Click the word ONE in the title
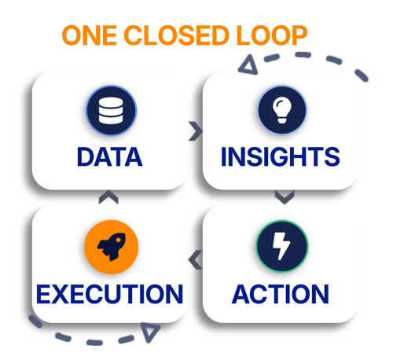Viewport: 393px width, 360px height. pyautogui.click(x=90, y=35)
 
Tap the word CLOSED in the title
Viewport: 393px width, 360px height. pyautogui.click(x=176, y=35)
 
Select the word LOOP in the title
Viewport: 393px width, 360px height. pyautogui.click(x=272, y=35)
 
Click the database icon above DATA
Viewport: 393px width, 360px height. pyautogui.click(x=111, y=110)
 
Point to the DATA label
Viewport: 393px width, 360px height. pyautogui.click(x=110, y=156)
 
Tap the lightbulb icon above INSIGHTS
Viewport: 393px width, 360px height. pyautogui.click(x=282, y=110)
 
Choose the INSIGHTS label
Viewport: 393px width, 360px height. pyautogui.click(x=281, y=156)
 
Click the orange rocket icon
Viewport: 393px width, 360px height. pyautogui.click(x=112, y=247)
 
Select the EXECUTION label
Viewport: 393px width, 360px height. pyautogui.click(x=110, y=294)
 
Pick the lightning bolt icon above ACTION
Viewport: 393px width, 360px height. pyautogui.click(x=282, y=246)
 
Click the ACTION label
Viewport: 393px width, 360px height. pyautogui.click(x=281, y=294)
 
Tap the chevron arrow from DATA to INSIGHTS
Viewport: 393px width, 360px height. pyautogui.click(x=196, y=131)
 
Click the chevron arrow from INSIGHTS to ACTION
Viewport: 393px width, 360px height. pyautogui.click(x=285, y=197)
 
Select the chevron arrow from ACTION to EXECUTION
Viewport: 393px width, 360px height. pyautogui.click(x=195, y=259)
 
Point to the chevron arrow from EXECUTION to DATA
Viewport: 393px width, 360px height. pyautogui.click(x=108, y=197)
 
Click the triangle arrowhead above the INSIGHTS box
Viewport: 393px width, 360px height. pyautogui.click(x=249, y=65)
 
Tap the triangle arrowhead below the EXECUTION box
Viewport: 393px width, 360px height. pyautogui.click(x=149, y=332)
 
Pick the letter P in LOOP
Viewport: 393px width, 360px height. pyautogui.click(x=299, y=35)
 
